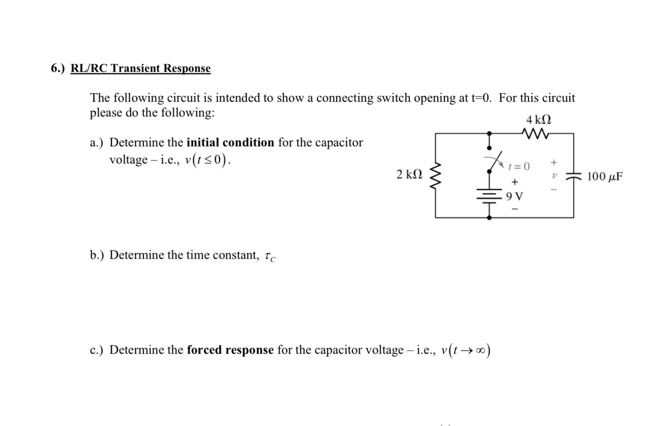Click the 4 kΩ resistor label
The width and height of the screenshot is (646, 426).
[x=538, y=120]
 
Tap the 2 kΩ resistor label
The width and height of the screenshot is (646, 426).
[x=409, y=175]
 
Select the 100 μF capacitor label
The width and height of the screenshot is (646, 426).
[x=605, y=177]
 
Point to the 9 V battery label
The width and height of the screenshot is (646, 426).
[x=515, y=197]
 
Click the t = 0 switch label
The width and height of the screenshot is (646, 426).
[x=519, y=167]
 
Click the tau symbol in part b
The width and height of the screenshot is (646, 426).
[x=269, y=256]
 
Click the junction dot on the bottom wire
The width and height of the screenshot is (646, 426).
[x=489, y=218]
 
